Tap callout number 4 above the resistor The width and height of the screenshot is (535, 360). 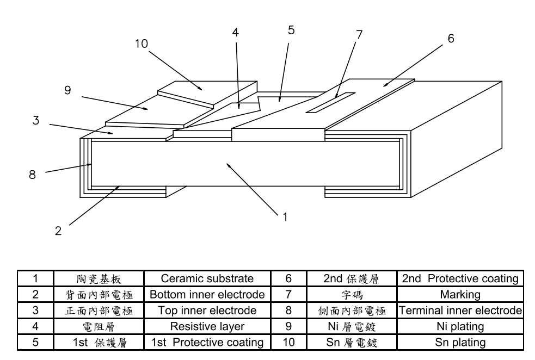click(x=236, y=32)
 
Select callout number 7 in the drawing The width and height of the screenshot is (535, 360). click(x=359, y=34)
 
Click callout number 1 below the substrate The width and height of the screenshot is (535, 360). click(x=284, y=216)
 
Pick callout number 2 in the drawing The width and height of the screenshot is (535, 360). click(x=58, y=230)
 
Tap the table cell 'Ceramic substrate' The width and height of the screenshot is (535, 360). click(x=207, y=279)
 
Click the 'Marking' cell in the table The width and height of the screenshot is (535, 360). click(x=460, y=295)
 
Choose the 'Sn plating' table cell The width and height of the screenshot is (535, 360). click(x=460, y=343)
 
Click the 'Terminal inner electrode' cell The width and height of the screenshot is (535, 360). click(x=460, y=311)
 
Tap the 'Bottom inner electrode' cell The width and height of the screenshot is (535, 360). click(x=207, y=295)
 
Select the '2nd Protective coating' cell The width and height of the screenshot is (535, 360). click(x=460, y=279)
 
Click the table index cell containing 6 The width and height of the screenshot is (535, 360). click(x=290, y=279)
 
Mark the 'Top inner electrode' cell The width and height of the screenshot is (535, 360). click(x=207, y=311)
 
